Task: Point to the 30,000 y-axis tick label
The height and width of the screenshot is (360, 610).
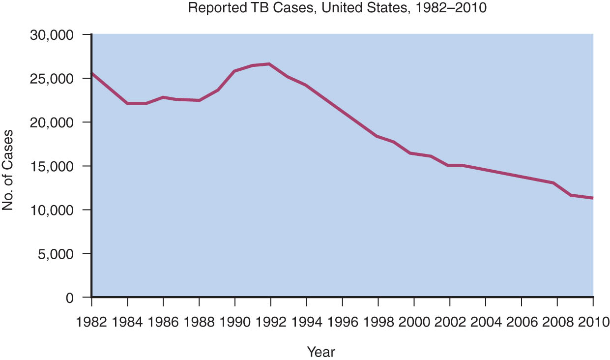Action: [x=52, y=35]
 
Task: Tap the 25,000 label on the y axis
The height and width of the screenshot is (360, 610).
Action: [x=52, y=79]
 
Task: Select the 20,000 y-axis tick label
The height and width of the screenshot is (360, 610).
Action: [x=52, y=123]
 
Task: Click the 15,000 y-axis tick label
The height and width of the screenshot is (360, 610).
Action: [x=52, y=167]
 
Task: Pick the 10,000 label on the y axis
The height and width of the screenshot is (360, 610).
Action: [x=52, y=210]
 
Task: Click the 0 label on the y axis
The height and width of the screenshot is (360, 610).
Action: [x=70, y=298]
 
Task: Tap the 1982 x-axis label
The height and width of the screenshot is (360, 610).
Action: [x=91, y=322]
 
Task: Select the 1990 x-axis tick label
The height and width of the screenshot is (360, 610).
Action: [x=235, y=322]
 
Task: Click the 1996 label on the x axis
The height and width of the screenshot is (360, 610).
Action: [x=342, y=322]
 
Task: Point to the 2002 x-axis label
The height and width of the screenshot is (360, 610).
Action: [x=450, y=322]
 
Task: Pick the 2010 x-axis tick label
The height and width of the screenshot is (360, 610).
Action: [x=594, y=322]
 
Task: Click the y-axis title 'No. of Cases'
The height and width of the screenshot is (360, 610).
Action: [x=8, y=170]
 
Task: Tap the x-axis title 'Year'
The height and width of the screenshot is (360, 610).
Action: [x=321, y=352]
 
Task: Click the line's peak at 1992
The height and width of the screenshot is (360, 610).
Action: [x=269, y=64]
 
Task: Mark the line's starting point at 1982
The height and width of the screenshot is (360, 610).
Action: [x=92, y=73]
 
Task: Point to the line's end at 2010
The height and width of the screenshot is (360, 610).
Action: [x=593, y=198]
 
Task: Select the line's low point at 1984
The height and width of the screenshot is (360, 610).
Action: [x=127, y=103]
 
